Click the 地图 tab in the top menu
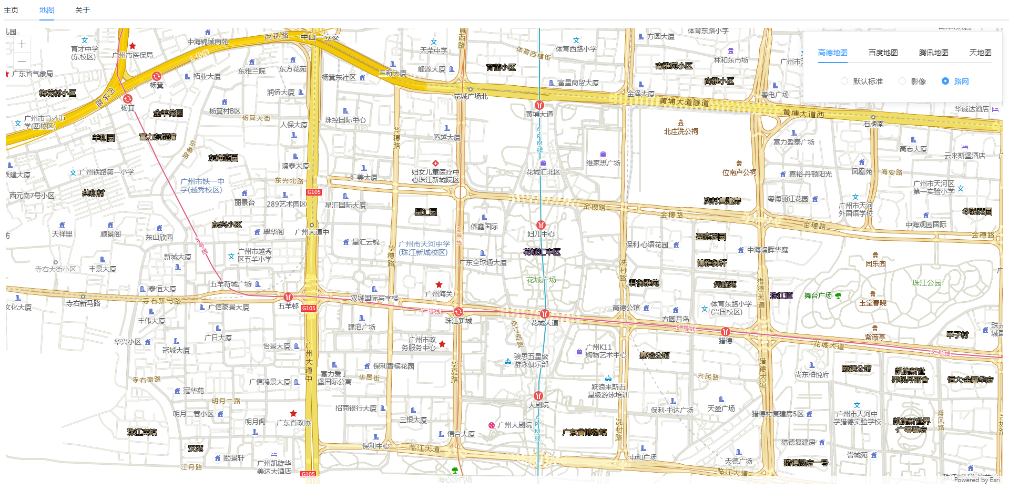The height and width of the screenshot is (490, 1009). pos(47,10)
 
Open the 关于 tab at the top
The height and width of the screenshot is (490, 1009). pos(83,10)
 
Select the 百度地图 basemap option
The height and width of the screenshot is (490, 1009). pos(883,53)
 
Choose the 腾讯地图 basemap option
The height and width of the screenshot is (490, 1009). pos(933,53)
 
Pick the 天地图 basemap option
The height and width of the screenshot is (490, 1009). pos(980,53)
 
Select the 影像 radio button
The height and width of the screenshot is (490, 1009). pos(902,81)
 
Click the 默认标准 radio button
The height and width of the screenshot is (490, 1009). pos(844,81)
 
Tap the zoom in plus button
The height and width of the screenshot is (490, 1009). pos(22,44)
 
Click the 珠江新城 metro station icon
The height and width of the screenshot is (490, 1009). pos(458,312)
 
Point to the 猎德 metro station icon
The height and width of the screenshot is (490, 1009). pos(726,332)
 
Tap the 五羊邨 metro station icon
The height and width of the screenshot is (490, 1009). pos(288,297)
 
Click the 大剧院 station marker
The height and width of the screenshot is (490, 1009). pos(538,396)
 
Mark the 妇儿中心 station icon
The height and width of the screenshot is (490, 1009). pos(541,225)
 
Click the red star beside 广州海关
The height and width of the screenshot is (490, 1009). pos(439,284)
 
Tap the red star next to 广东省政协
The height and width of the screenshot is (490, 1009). pos(293,414)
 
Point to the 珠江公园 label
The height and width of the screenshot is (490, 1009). pos(926,283)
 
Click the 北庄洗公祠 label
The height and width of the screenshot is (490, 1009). pos(681,131)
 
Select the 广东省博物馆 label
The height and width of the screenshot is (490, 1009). pos(584,432)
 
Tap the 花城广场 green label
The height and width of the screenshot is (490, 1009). pos(541,280)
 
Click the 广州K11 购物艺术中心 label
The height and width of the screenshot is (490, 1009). pos(605,351)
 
